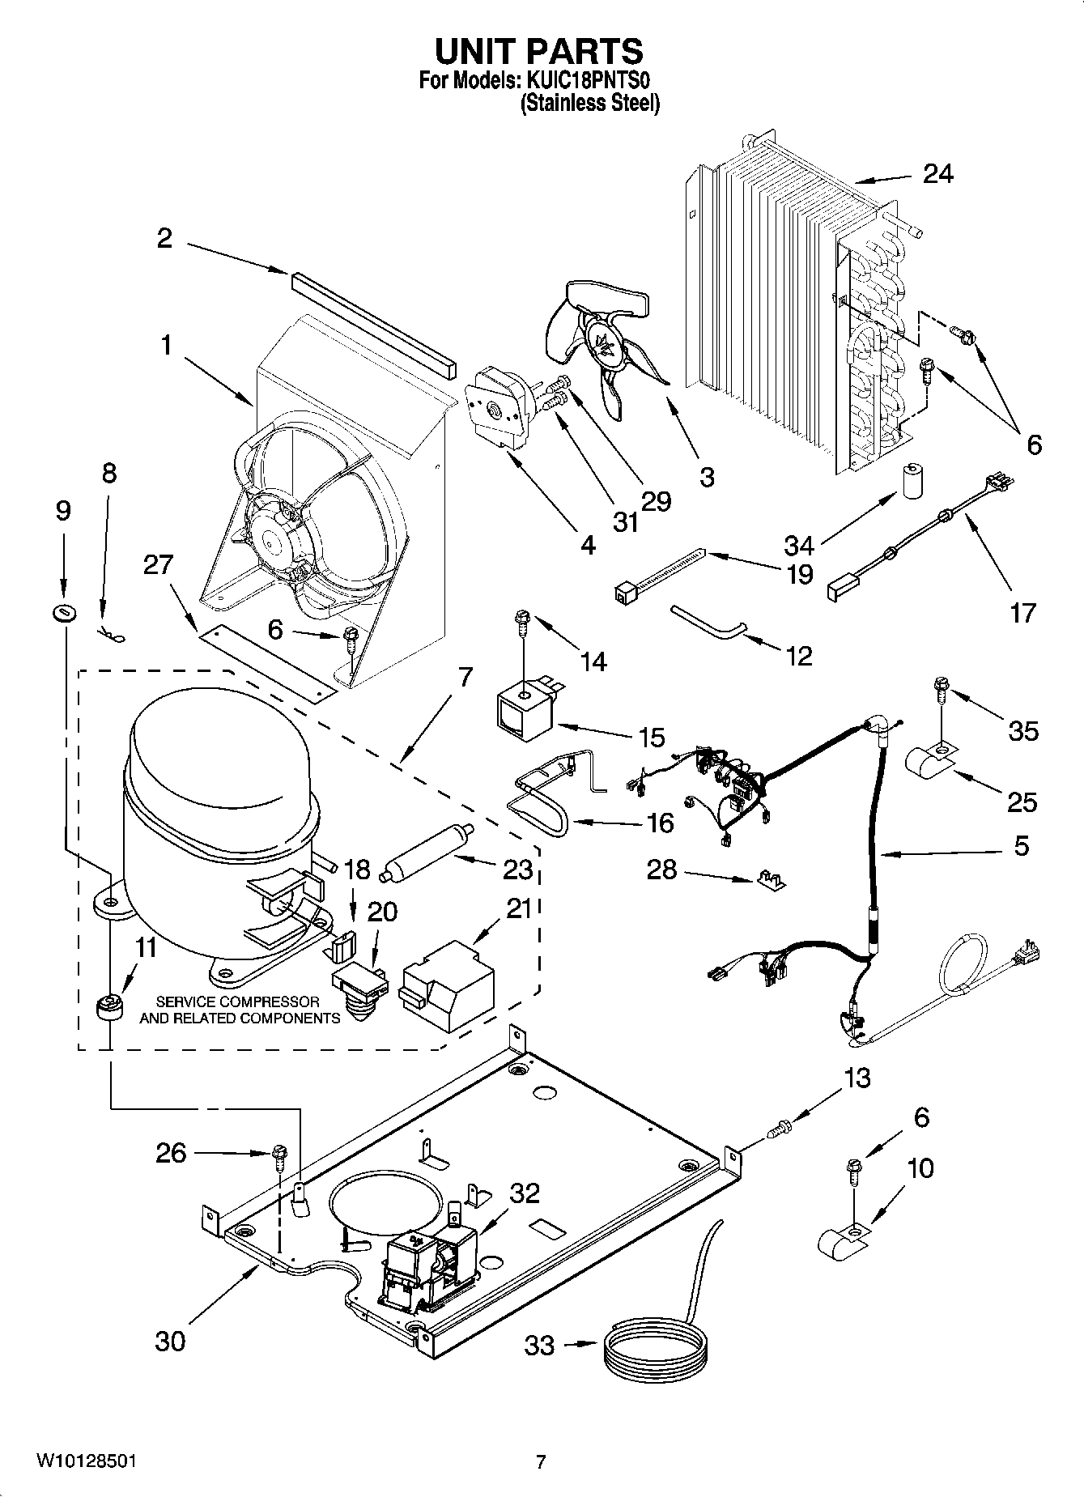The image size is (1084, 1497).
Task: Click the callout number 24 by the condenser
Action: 937,174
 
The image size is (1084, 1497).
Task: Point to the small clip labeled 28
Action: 772,879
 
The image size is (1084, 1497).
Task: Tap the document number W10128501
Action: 85,1461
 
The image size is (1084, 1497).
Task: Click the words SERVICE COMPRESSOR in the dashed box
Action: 237,1002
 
